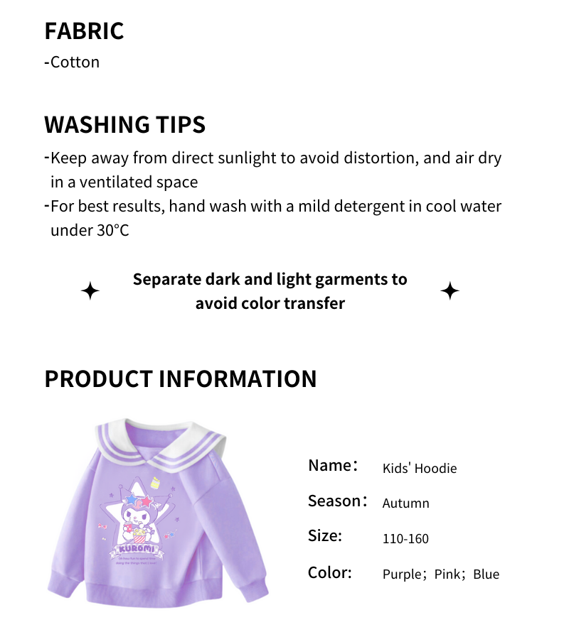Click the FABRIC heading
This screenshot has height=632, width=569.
84,31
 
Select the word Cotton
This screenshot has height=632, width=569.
75,62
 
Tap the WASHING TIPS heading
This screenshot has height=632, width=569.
124,124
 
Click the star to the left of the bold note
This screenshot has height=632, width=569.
90,291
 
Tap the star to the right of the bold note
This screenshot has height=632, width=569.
450,291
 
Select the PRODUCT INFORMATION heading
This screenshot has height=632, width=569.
180,378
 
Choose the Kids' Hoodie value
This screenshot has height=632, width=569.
420,468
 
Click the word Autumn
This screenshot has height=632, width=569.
405,503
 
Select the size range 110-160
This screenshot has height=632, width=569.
405,539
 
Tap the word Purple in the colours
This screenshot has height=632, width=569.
403,574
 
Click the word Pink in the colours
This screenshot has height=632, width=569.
447,574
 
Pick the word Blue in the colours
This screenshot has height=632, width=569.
486,574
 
